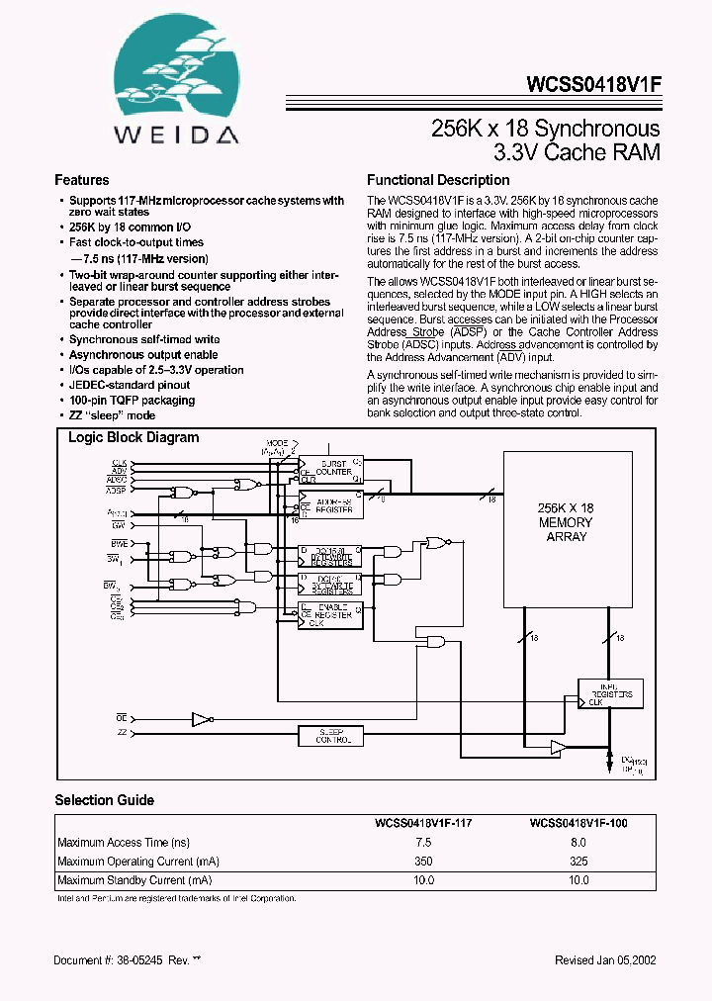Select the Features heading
tap(82, 181)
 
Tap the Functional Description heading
tap(438, 181)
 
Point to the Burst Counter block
tap(332, 467)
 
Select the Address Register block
tap(332, 504)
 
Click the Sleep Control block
tap(330, 736)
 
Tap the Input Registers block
tap(611, 692)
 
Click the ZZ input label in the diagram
tap(122, 732)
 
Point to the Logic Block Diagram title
tap(133, 437)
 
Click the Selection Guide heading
tap(104, 800)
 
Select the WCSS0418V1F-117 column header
tap(423, 822)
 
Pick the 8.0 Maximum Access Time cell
tap(578, 842)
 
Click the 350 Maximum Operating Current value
tap(423, 861)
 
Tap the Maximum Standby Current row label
tap(134, 879)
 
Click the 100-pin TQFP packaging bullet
tap(132, 401)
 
